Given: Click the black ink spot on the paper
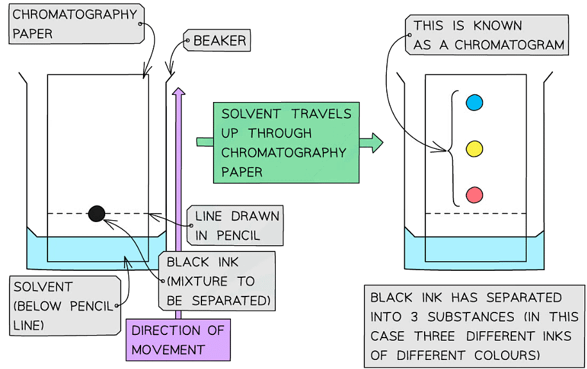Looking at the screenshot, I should pos(96,214).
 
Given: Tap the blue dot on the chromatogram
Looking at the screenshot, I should pos(473,102).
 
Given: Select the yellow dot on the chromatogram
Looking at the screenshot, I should pos(473,148).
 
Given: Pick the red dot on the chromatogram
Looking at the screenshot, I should pos(473,194).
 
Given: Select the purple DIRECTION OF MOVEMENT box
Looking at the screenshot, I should pos(178,340).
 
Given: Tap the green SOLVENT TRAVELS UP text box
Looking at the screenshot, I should pos(286,142).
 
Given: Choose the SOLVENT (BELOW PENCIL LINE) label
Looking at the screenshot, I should pos(64,305).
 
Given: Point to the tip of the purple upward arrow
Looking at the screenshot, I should pos(178,90).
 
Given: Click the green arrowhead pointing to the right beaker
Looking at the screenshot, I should pos(375,142).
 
